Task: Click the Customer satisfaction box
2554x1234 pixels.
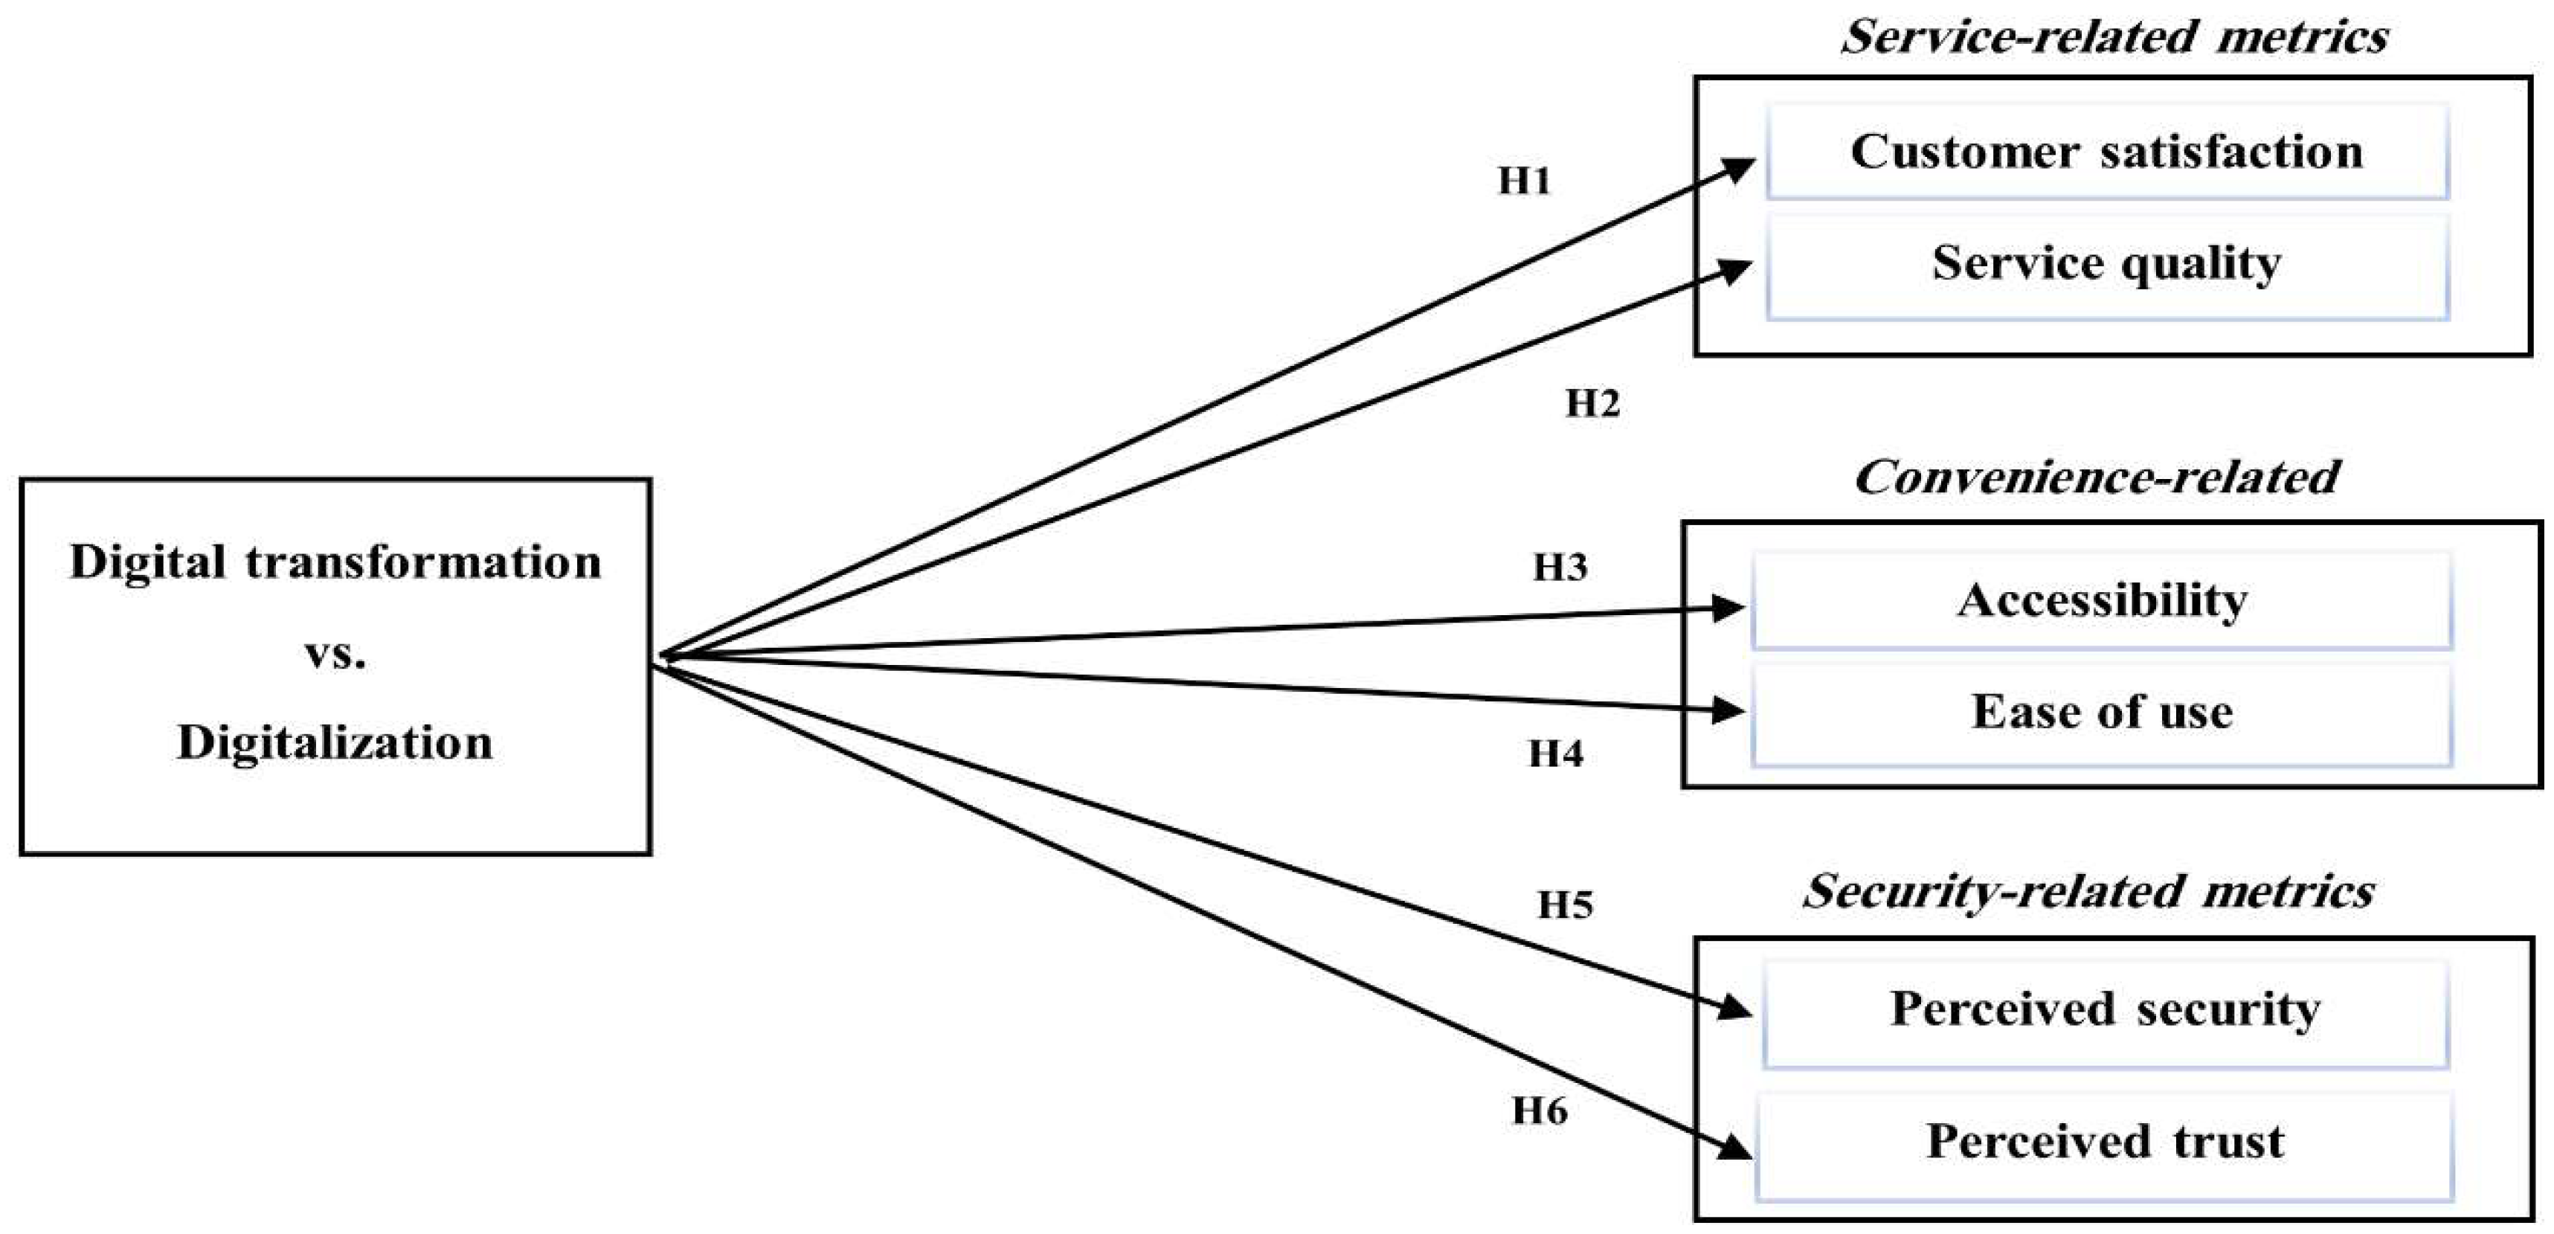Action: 2107,152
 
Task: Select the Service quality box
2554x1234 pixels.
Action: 2107,265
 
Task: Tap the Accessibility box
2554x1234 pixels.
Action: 2102,601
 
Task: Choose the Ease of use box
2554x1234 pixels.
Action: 2102,713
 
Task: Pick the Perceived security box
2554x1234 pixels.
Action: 2105,1011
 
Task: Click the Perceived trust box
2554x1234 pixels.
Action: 2105,1143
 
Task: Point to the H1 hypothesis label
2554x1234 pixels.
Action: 1524,181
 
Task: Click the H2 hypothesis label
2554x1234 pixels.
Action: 1592,404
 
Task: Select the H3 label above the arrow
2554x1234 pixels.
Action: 1560,568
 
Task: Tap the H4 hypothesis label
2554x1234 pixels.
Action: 1556,754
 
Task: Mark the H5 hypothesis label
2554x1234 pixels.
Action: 1566,904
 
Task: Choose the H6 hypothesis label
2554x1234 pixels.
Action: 1540,1111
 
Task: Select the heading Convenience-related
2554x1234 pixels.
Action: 2097,478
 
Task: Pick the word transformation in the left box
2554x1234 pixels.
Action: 423,562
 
